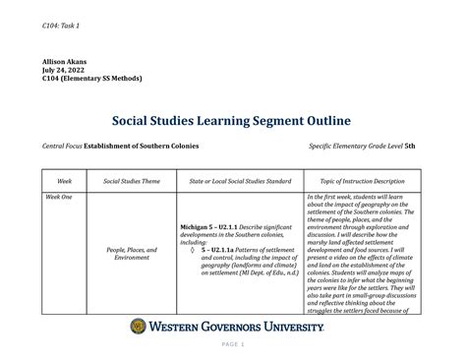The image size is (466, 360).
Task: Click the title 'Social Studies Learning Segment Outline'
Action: coord(233,122)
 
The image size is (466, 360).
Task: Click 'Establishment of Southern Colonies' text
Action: coord(142,146)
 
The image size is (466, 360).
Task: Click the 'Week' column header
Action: coord(65,181)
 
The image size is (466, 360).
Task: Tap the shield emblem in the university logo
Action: coord(141,326)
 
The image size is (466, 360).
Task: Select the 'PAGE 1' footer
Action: coord(233,344)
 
